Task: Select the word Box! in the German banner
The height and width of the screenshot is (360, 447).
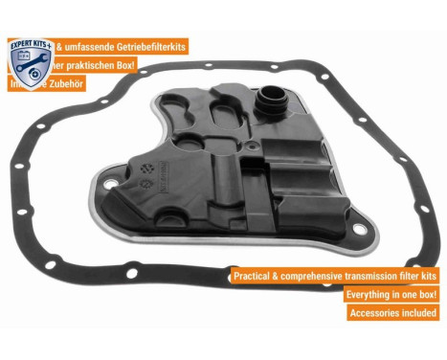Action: point(123,64)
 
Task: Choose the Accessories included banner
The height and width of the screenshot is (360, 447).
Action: point(393,313)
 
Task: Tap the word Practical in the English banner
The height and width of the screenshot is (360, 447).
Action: point(256,276)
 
